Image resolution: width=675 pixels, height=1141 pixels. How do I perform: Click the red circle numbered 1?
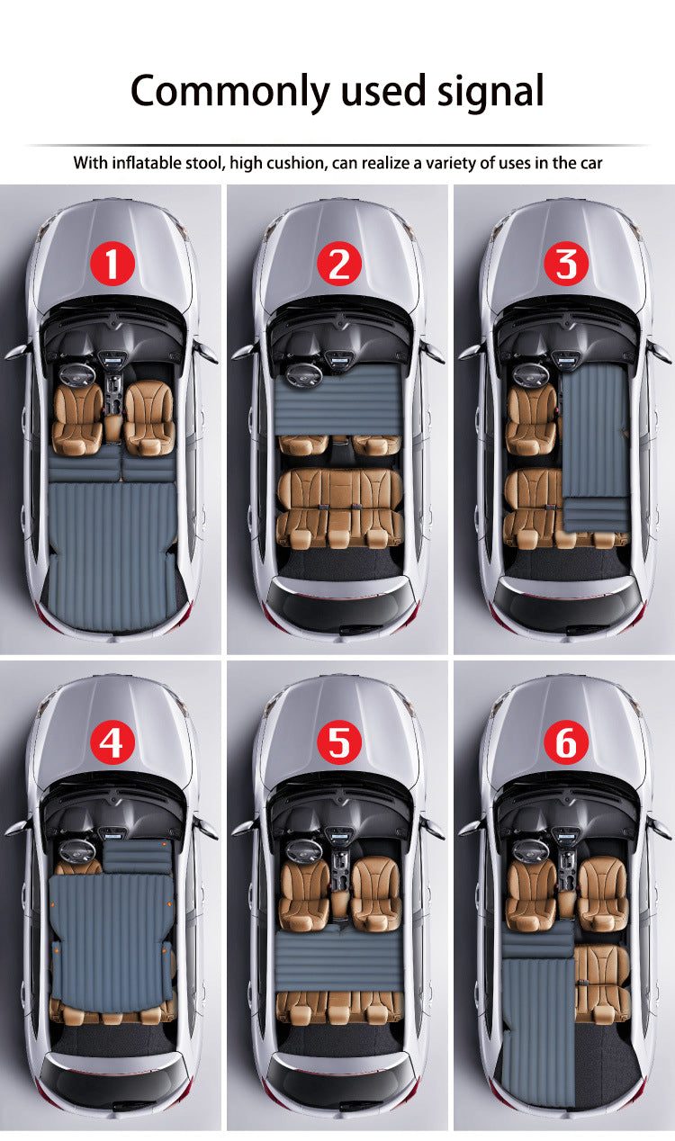pyautogui.click(x=112, y=265)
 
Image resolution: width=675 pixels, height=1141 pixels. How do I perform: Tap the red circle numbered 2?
pyautogui.click(x=338, y=265)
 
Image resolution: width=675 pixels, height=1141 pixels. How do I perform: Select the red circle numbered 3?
pyautogui.click(x=566, y=265)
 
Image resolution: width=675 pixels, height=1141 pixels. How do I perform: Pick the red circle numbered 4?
pyautogui.click(x=112, y=743)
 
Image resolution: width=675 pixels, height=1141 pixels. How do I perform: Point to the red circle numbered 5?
pyautogui.click(x=338, y=743)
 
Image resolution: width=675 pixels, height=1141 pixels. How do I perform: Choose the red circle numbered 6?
pyautogui.click(x=566, y=743)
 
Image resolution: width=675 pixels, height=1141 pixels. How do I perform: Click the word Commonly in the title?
pyautogui.click(x=231, y=92)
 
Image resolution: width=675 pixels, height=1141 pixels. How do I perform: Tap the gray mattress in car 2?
pyautogui.click(x=338, y=398)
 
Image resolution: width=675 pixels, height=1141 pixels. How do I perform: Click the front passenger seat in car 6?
pyautogui.click(x=602, y=891)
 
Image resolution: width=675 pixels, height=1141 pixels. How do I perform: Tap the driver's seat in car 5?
pyautogui.click(x=302, y=891)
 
